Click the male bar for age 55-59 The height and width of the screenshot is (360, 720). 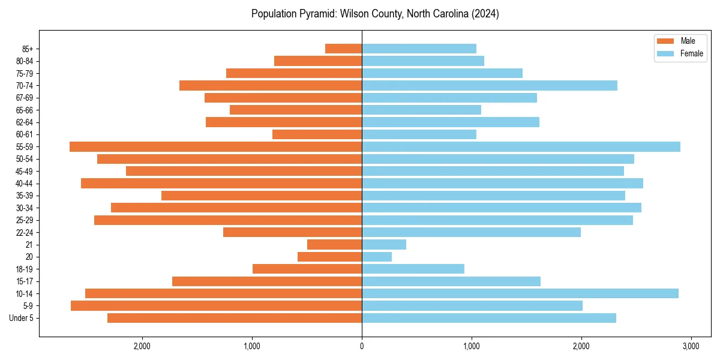tap(215, 146)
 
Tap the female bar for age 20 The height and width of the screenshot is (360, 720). tap(377, 257)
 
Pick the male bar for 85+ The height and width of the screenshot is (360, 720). tap(343, 49)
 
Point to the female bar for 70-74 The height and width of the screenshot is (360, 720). tap(489, 85)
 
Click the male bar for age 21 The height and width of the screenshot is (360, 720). tap(334, 244)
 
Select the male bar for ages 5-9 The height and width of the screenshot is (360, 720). tap(216, 305)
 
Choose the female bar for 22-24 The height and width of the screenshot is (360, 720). tap(471, 232)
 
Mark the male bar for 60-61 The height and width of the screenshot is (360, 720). tap(317, 134)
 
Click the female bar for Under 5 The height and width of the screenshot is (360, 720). tap(488, 318)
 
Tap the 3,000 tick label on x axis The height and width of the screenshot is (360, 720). tap(691, 346)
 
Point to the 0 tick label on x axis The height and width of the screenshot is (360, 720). tap(362, 346)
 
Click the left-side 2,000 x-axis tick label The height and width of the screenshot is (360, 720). tap(142, 346)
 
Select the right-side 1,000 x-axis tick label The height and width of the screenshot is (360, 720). tap(472, 346)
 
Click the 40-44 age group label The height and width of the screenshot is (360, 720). tap(23, 184)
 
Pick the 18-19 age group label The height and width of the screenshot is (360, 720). tap(23, 269)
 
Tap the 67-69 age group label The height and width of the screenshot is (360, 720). tap(23, 98)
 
